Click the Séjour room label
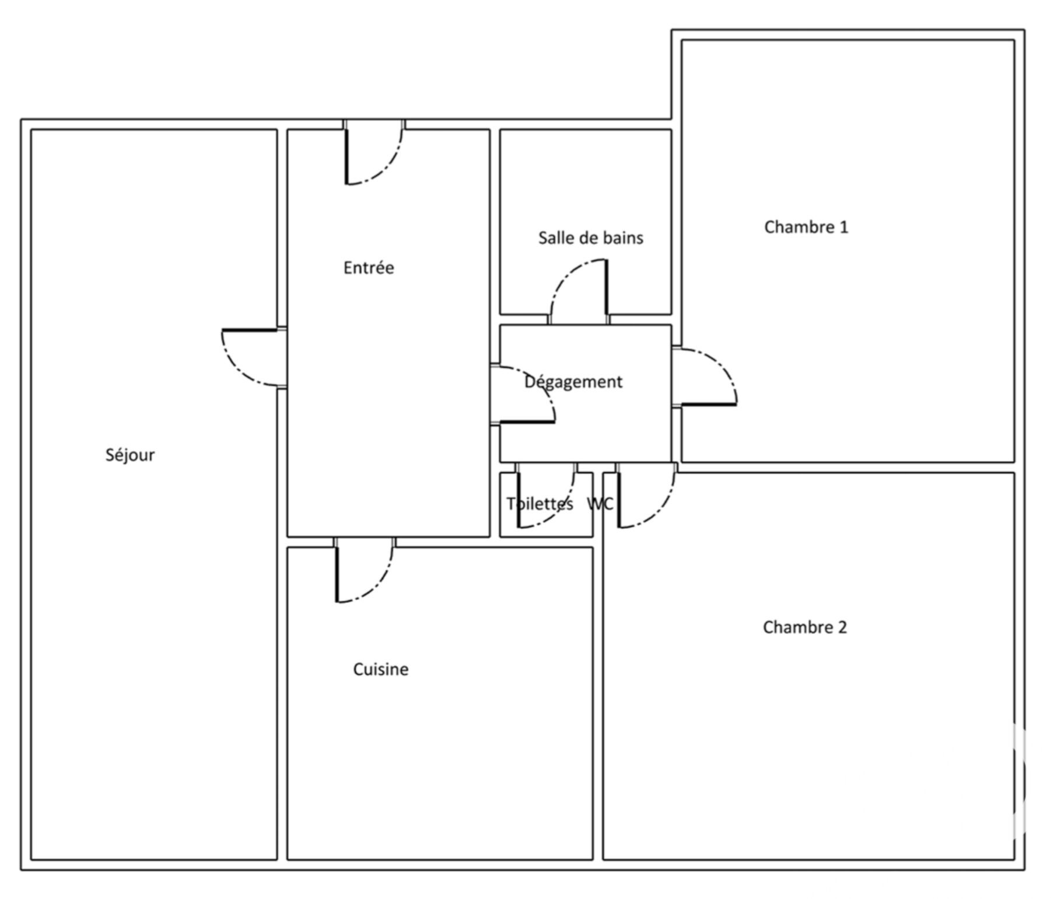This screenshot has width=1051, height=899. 130,455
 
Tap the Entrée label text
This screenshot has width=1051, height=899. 369,267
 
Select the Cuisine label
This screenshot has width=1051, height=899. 381,669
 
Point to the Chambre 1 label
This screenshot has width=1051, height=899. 806,227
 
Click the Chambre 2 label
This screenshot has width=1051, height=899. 805,627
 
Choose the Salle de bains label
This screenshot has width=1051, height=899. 591,238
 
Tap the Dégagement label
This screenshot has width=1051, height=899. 573,382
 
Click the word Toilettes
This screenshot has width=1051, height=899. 540,503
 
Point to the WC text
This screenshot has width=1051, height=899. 600,503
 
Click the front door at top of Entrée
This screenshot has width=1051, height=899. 373,153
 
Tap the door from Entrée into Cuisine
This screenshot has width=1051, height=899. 365,570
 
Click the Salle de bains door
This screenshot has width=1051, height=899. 579,291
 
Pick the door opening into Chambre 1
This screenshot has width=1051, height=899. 705,377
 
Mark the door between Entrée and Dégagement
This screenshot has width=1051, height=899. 523,394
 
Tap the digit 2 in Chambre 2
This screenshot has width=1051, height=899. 842,627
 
